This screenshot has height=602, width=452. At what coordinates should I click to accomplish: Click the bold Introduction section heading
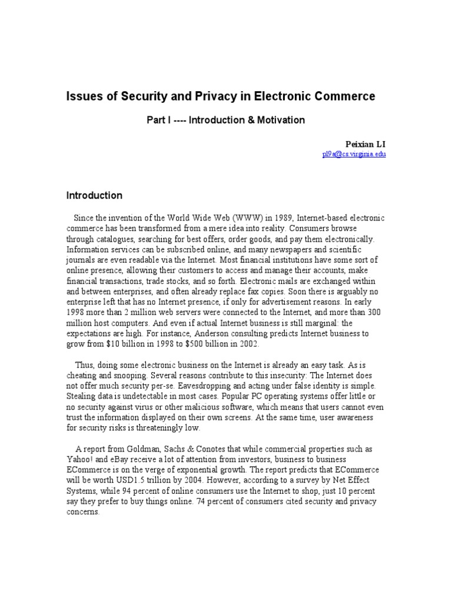point(94,195)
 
